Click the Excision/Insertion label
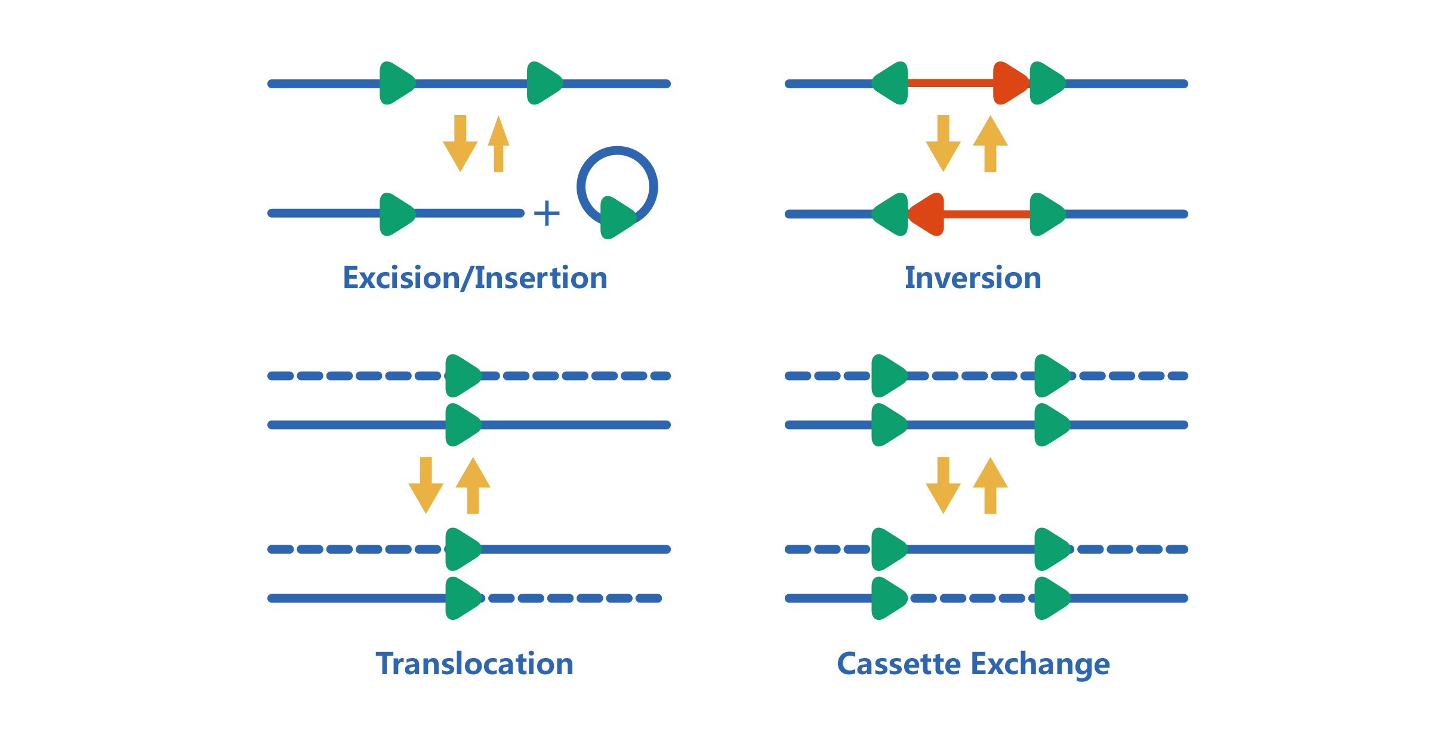pos(475,278)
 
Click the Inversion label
pos(973,278)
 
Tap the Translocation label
pos(474,663)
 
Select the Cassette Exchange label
pos(973,664)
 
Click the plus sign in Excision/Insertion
pos(547,213)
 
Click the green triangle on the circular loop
pos(616,217)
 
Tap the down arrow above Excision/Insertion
pos(460,144)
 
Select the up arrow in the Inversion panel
pos(990,144)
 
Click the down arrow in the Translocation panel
pos(426,486)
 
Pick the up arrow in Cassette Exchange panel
pos(990,486)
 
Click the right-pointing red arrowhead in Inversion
pos(1010,83)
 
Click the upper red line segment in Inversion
pos(950,83)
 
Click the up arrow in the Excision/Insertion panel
pos(498,144)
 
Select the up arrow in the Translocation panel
pos(473,486)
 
